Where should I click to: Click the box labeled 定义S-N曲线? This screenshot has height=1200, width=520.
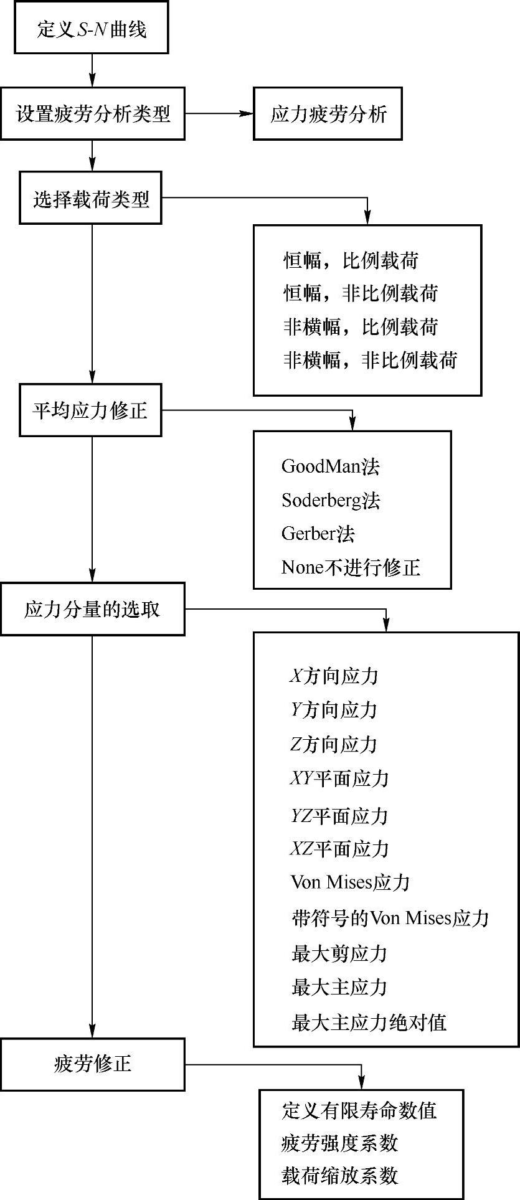92,29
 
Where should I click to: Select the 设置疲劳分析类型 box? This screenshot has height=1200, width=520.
92,114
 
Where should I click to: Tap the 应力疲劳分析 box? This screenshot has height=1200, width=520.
328,114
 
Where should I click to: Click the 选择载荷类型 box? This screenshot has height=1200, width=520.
91,199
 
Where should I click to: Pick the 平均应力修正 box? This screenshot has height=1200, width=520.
91,410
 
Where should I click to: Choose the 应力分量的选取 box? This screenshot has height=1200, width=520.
92,609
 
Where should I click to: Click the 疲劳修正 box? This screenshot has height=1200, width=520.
92,1064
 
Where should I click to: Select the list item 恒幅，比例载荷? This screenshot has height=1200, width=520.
351,260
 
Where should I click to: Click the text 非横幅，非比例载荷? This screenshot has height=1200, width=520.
371,360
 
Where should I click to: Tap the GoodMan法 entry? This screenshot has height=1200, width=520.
330,466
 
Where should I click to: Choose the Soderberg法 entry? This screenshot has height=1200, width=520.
330,500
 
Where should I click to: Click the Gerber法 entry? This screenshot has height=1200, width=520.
318,534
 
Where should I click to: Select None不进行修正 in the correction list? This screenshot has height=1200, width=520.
351,567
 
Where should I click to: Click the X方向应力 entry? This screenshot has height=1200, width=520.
334,676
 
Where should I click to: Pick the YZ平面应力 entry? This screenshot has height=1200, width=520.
339,816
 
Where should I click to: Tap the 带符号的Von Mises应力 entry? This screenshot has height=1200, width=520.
390,918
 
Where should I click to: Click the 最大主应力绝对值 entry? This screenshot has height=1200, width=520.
369,1022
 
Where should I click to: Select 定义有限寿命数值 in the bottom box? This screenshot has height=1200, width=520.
359,1110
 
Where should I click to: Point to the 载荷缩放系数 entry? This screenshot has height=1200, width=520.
339,1176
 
